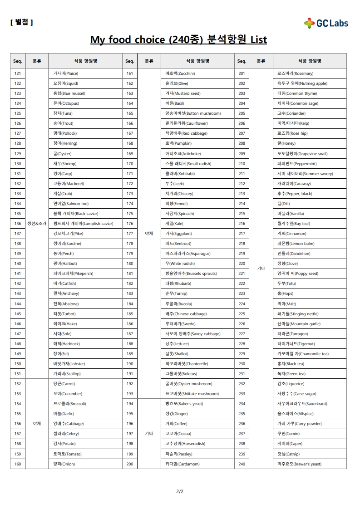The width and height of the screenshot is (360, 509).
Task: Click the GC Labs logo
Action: click(x=326, y=23)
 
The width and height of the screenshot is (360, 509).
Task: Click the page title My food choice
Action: click(x=178, y=40)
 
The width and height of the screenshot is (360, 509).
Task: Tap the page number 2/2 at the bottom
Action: click(x=180, y=491)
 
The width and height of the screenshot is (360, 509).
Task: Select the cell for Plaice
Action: click(x=66, y=73)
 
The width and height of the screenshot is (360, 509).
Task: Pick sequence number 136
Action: click(x=18, y=224)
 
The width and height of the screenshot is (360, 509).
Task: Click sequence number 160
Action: click(x=18, y=464)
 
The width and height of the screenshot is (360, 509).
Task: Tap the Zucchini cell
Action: click(x=180, y=73)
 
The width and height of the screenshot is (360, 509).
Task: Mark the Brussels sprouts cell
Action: click(x=191, y=274)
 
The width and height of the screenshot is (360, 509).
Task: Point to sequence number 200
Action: click(x=130, y=464)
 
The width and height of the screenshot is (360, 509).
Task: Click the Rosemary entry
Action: click(x=295, y=73)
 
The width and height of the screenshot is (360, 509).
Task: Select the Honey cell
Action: click(x=286, y=143)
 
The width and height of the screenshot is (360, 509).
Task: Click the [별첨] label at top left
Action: click(x=21, y=22)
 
